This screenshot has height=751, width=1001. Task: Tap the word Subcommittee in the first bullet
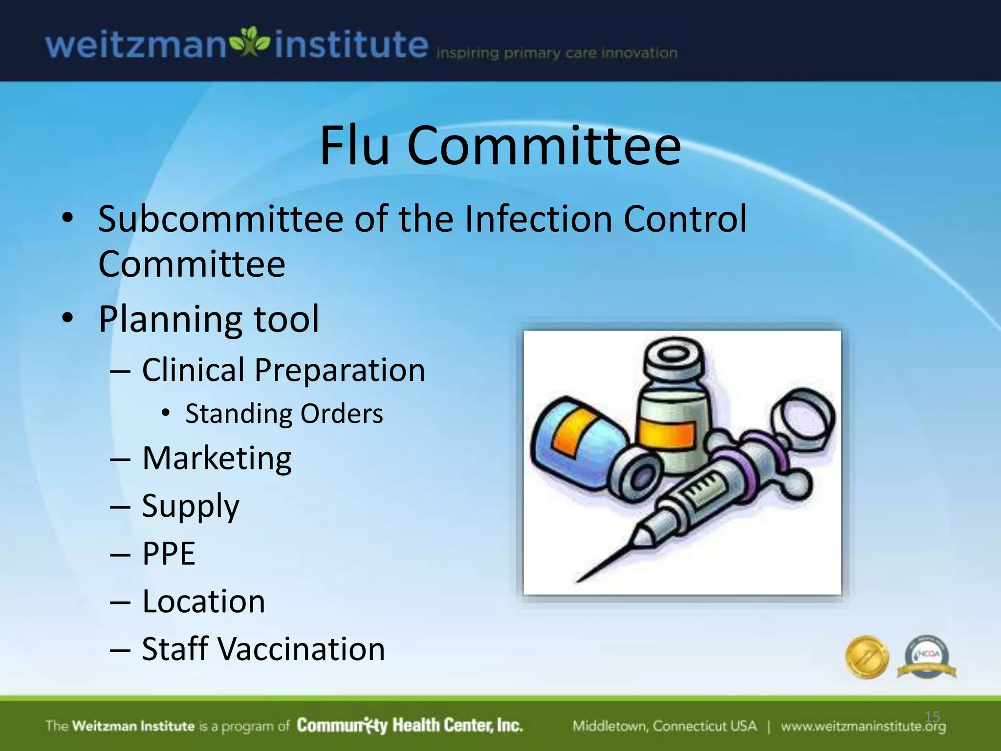(220, 219)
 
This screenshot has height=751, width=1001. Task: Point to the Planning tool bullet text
(209, 319)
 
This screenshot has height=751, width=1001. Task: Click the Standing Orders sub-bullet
(284, 414)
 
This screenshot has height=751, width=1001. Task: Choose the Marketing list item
(217, 459)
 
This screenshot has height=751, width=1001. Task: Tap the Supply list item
(191, 506)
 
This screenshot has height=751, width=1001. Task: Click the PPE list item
(169, 553)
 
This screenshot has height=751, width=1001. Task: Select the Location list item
(204, 601)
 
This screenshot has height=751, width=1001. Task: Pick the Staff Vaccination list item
(263, 649)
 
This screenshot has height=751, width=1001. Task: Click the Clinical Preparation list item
(283, 370)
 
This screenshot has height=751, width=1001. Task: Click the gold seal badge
(867, 657)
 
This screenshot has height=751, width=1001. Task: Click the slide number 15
(932, 717)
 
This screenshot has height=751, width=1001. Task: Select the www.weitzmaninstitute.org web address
(863, 726)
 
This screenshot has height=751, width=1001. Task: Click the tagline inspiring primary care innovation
(557, 53)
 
